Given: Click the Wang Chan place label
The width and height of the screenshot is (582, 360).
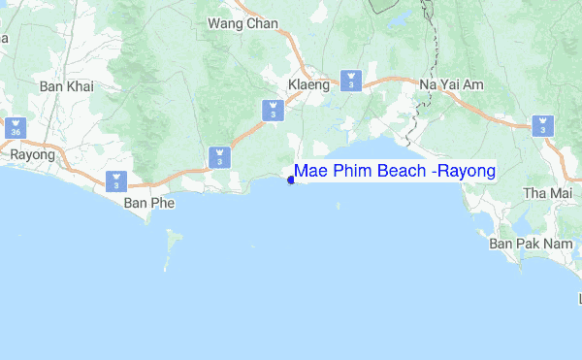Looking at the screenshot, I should pos(242,23).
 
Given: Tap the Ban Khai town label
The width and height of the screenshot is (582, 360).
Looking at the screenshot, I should pos(65,86).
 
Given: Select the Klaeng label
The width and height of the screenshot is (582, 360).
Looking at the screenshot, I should pos(309,84).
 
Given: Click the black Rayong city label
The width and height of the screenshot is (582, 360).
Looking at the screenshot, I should pos(29,154).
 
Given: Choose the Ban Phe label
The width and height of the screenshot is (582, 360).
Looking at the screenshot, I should pos(146,204).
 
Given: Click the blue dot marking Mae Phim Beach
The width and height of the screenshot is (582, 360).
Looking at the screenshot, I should pos(290,178).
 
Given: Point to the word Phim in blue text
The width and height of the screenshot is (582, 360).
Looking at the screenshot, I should pos(347,172).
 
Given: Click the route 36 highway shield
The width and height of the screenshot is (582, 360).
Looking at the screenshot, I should pos(16,127).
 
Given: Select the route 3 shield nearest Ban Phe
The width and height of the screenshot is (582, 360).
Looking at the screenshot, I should pos(116,180).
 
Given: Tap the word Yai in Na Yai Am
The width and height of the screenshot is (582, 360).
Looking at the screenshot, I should pos(450,85).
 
